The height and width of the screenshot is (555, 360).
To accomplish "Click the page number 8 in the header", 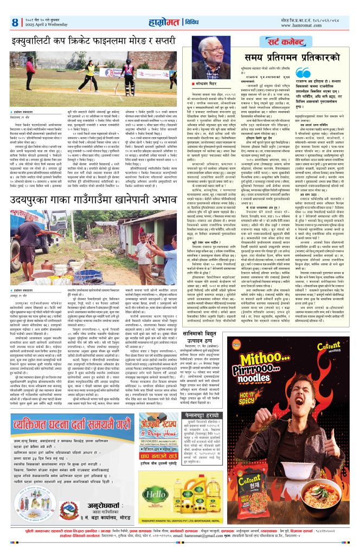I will click(15, 22).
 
